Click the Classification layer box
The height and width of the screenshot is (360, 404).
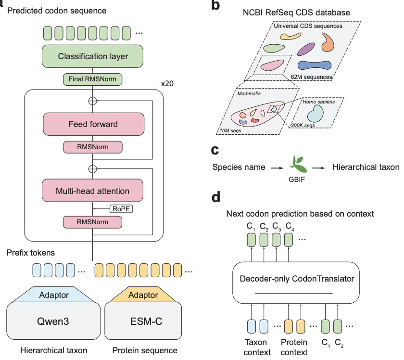pyautogui.click(x=93, y=57)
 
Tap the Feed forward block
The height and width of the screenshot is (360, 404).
pyautogui.click(x=94, y=124)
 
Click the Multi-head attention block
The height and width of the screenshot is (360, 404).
pyautogui.click(x=94, y=191)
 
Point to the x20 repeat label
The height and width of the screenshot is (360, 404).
pyautogui.click(x=167, y=83)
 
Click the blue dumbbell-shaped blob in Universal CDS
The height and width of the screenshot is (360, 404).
pyautogui.click(x=315, y=65)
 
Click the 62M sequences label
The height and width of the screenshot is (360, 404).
pyautogui.click(x=314, y=77)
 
